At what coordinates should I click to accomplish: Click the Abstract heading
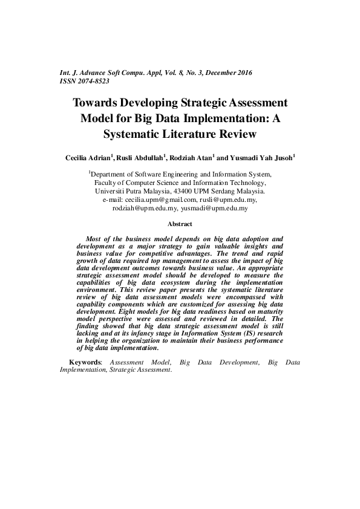(x=180, y=224)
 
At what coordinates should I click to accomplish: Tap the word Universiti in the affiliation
(x=111, y=190)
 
